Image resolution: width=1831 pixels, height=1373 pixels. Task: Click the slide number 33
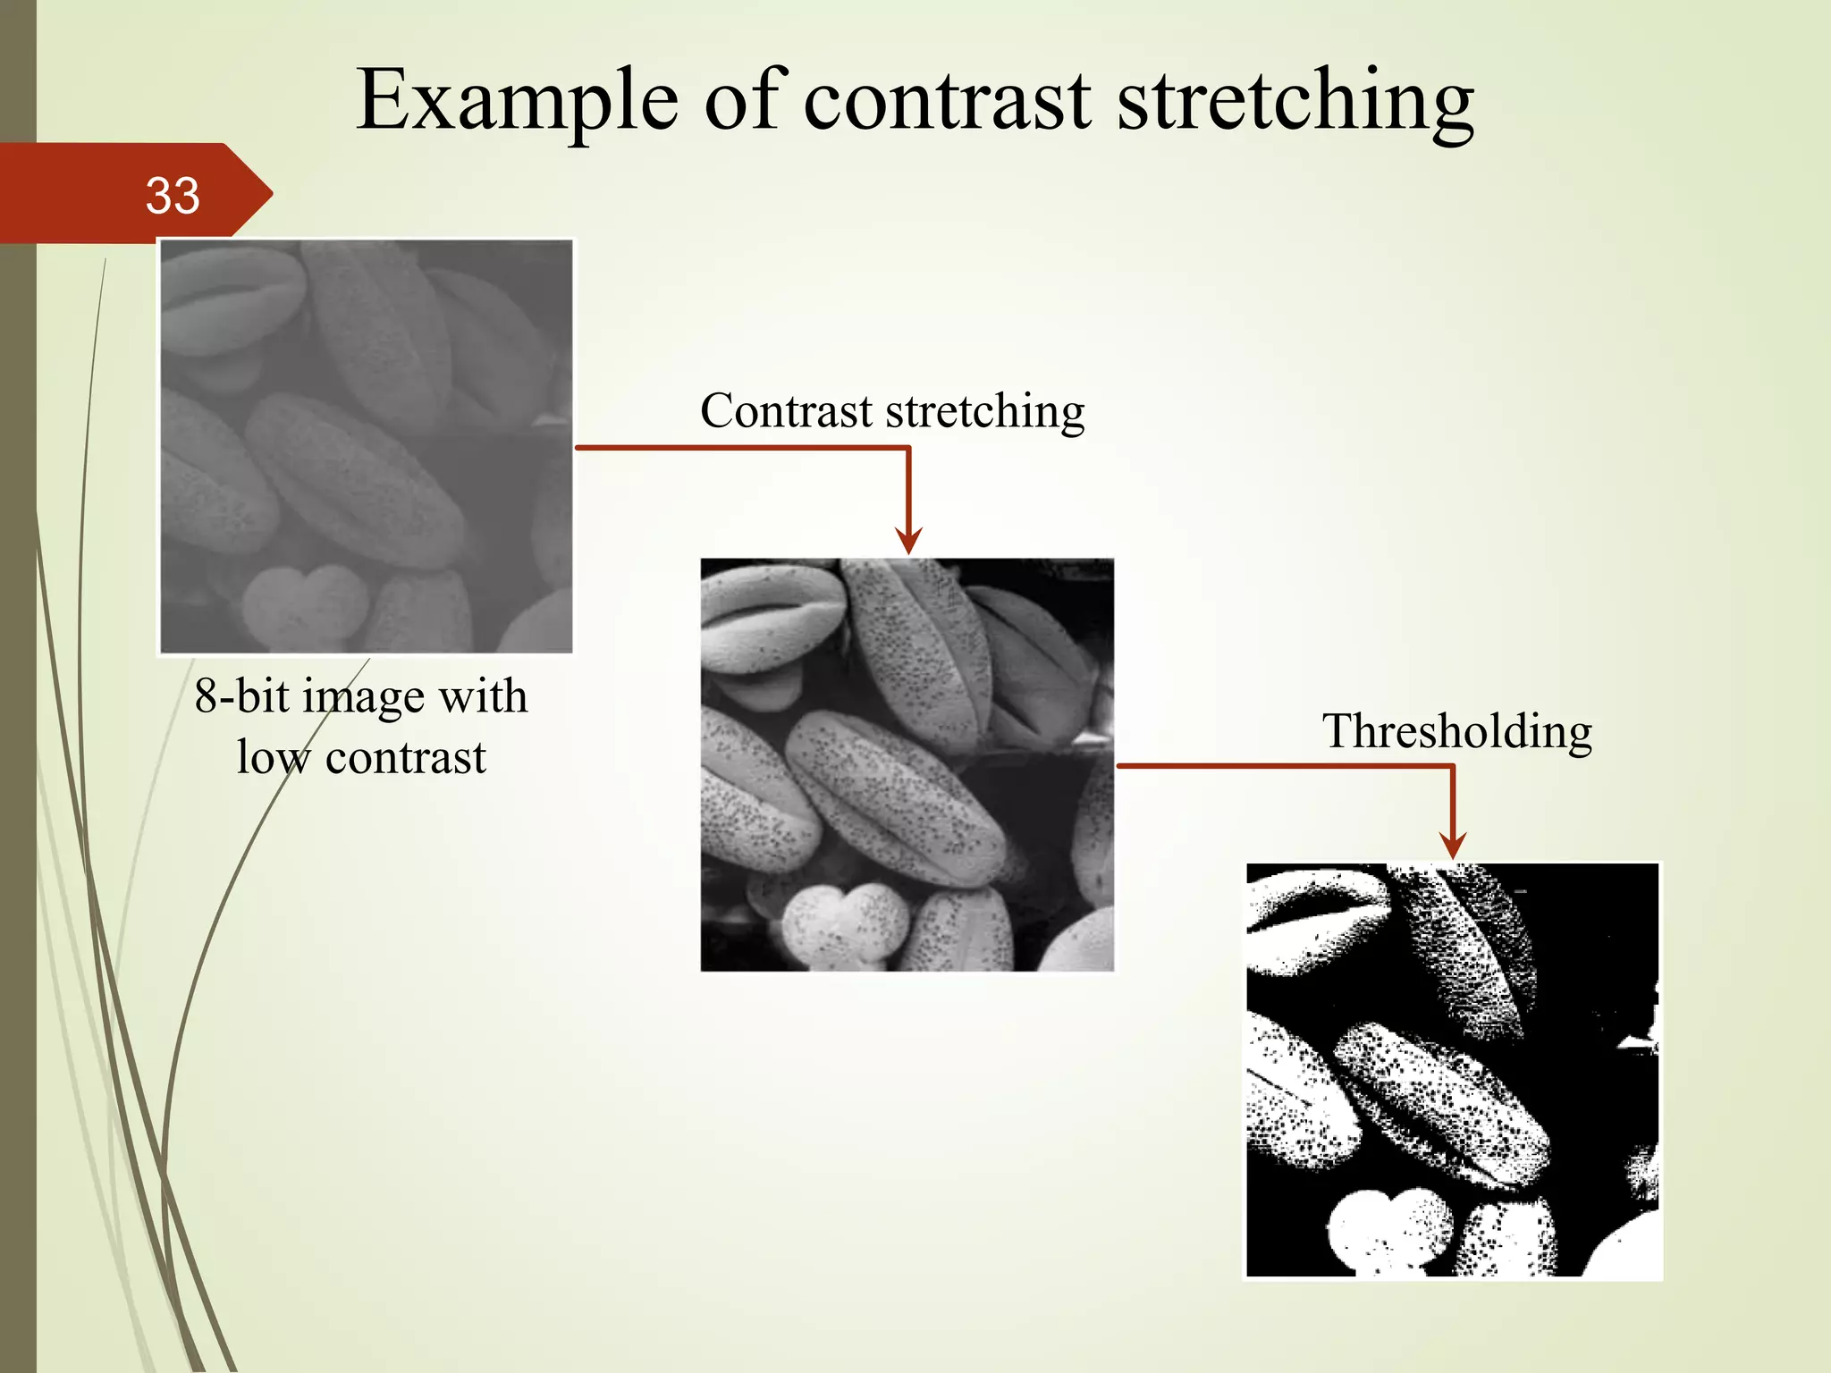click(x=173, y=196)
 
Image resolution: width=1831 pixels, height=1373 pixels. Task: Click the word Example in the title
click(x=518, y=100)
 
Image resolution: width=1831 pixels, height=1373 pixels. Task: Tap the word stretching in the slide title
click(x=1295, y=100)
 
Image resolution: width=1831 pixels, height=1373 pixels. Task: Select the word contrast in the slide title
click(x=947, y=100)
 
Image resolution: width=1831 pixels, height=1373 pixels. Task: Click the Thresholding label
click(x=1456, y=731)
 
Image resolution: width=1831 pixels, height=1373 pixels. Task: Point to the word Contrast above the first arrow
click(x=786, y=411)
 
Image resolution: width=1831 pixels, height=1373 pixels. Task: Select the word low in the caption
click(x=274, y=757)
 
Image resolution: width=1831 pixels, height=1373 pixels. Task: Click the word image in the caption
click(x=363, y=697)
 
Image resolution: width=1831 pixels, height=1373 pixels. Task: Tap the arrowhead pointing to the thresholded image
click(x=1453, y=845)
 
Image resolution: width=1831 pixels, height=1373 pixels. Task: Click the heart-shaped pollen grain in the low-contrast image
click(x=305, y=603)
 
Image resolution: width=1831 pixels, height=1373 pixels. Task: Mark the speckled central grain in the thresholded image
click(x=1439, y=1104)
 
